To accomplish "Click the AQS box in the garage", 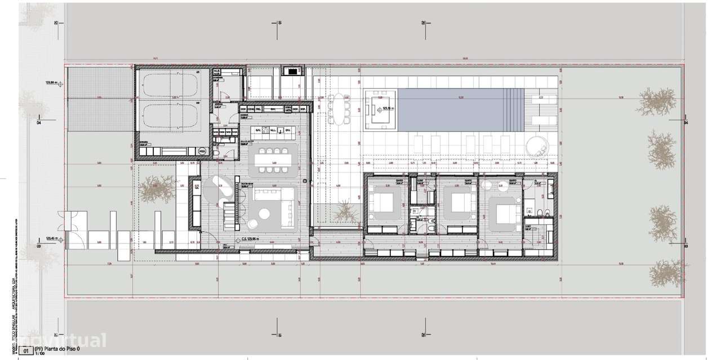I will [x=202, y=151].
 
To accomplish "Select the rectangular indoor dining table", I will [x=271, y=160].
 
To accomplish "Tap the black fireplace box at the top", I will [x=292, y=71].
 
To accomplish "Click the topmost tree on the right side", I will [x=657, y=101].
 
